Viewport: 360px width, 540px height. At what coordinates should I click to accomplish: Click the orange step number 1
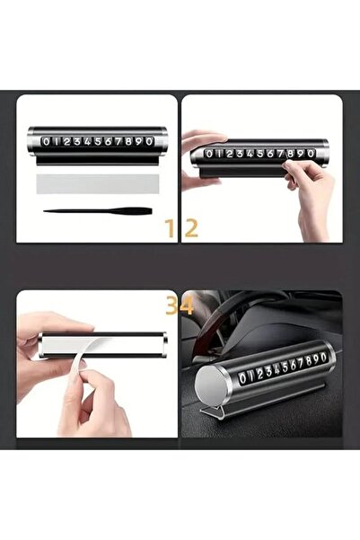(169, 228)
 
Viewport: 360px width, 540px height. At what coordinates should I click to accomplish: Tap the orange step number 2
(190, 228)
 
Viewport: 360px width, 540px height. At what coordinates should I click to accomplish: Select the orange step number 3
(168, 305)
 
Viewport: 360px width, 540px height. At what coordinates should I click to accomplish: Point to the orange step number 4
(187, 305)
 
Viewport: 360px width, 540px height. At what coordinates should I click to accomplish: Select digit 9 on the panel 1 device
(143, 141)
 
